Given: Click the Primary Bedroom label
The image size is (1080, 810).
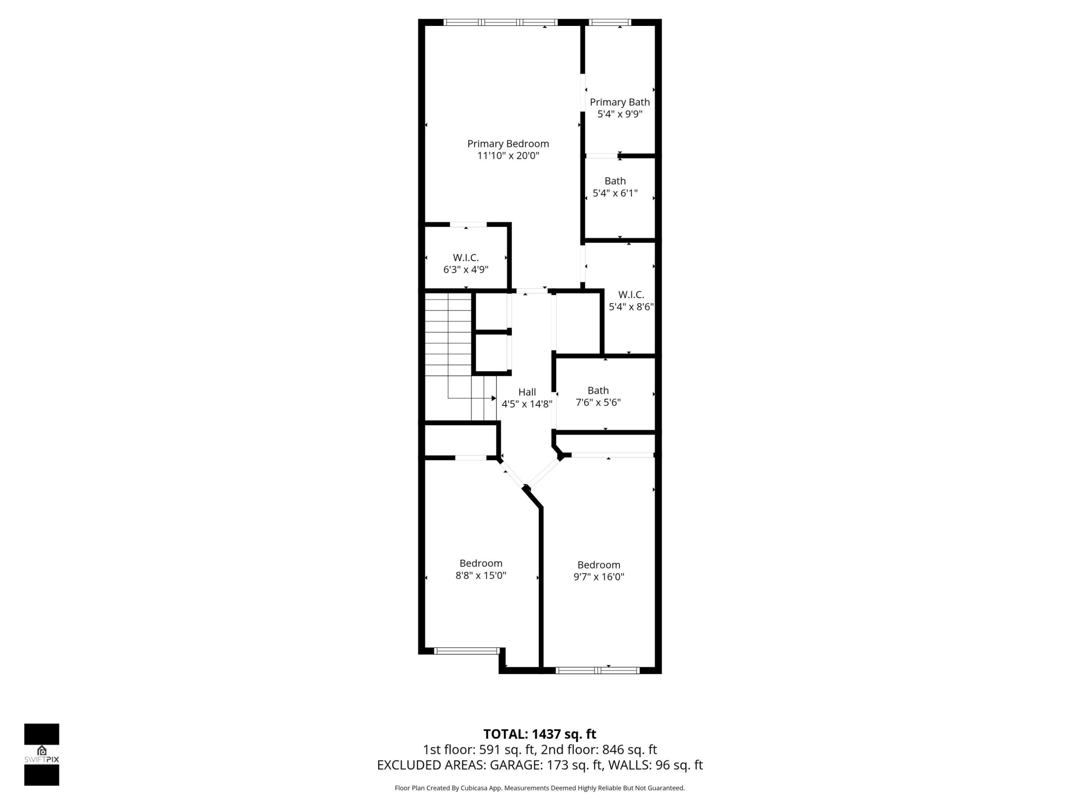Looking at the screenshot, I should (508, 144).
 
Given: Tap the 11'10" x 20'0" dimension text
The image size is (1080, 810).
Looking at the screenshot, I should (508, 156).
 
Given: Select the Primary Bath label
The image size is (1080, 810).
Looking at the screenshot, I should (619, 102).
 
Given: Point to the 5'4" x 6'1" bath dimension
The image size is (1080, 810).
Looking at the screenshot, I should (615, 193).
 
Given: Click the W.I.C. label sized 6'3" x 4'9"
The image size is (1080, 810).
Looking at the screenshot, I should (466, 257).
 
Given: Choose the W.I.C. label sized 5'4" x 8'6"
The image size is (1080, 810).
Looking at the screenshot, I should (631, 294).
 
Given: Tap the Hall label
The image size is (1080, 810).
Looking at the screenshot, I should (527, 391).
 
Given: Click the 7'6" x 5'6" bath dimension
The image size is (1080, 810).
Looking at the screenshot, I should (598, 402).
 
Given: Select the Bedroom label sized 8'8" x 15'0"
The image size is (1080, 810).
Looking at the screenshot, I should (480, 563).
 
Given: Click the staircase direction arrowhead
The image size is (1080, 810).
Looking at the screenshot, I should (493, 398).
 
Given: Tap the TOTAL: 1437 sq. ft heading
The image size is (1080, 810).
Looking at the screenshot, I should (540, 734).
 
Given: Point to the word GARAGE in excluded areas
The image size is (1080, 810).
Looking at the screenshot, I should (516, 765).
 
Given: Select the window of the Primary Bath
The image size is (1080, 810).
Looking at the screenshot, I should (609, 22).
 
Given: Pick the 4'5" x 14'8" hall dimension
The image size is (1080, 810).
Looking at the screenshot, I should (527, 404).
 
